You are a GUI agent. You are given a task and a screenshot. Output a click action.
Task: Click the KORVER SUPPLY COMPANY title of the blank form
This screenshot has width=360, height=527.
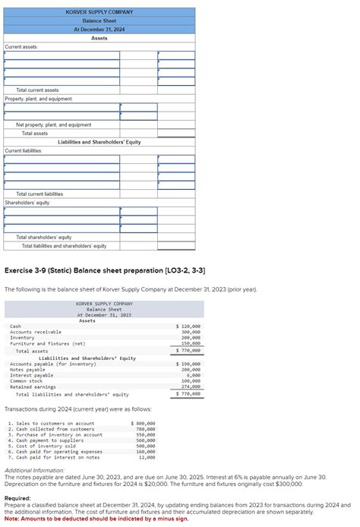tap(99, 12)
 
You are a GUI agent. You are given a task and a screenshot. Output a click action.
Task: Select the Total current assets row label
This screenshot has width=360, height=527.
tap(38, 90)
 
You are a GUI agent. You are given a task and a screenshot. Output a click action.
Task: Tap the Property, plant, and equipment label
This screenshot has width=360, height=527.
tap(39, 99)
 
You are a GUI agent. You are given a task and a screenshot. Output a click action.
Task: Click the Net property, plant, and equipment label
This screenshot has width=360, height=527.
tap(53, 125)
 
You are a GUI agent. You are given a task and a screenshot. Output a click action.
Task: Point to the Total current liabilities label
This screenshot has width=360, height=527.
tap(39, 194)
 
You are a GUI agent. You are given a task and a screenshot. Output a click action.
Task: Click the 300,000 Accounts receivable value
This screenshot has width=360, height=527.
tap(191, 332)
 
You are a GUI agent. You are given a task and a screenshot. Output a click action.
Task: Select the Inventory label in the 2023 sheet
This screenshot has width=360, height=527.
tap(22, 338)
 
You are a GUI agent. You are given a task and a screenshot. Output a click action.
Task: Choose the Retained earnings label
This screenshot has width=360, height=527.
tap(33, 387)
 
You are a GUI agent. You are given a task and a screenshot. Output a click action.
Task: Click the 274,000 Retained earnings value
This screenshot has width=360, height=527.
tap(191, 387)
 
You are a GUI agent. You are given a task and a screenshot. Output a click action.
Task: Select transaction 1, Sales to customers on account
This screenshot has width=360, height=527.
tap(52, 423)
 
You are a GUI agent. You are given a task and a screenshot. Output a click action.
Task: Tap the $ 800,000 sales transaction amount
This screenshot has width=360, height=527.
tap(144, 423)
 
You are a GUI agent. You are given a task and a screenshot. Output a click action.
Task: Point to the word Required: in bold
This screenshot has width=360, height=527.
tap(18, 498)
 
